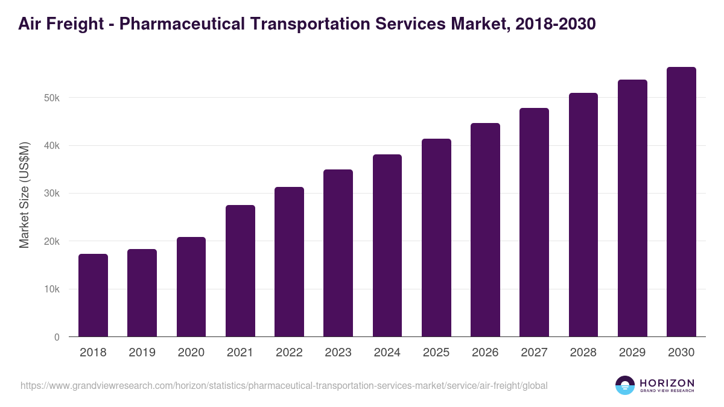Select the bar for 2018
coord(93,295)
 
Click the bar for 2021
coord(240,271)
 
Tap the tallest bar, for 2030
coord(681,202)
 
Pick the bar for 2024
coord(387,245)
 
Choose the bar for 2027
coord(534,222)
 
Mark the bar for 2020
coord(191,287)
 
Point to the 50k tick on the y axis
coord(51,98)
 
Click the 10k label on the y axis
coord(51,289)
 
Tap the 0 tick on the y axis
coord(57,337)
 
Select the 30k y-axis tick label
coord(51,194)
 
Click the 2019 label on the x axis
coord(142,353)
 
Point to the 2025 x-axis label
coord(436,353)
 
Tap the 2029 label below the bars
coord(632,353)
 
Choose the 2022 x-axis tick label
coord(289,353)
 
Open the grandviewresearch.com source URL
coord(284,385)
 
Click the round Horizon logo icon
coord(625,385)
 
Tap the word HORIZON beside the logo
coord(667,383)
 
